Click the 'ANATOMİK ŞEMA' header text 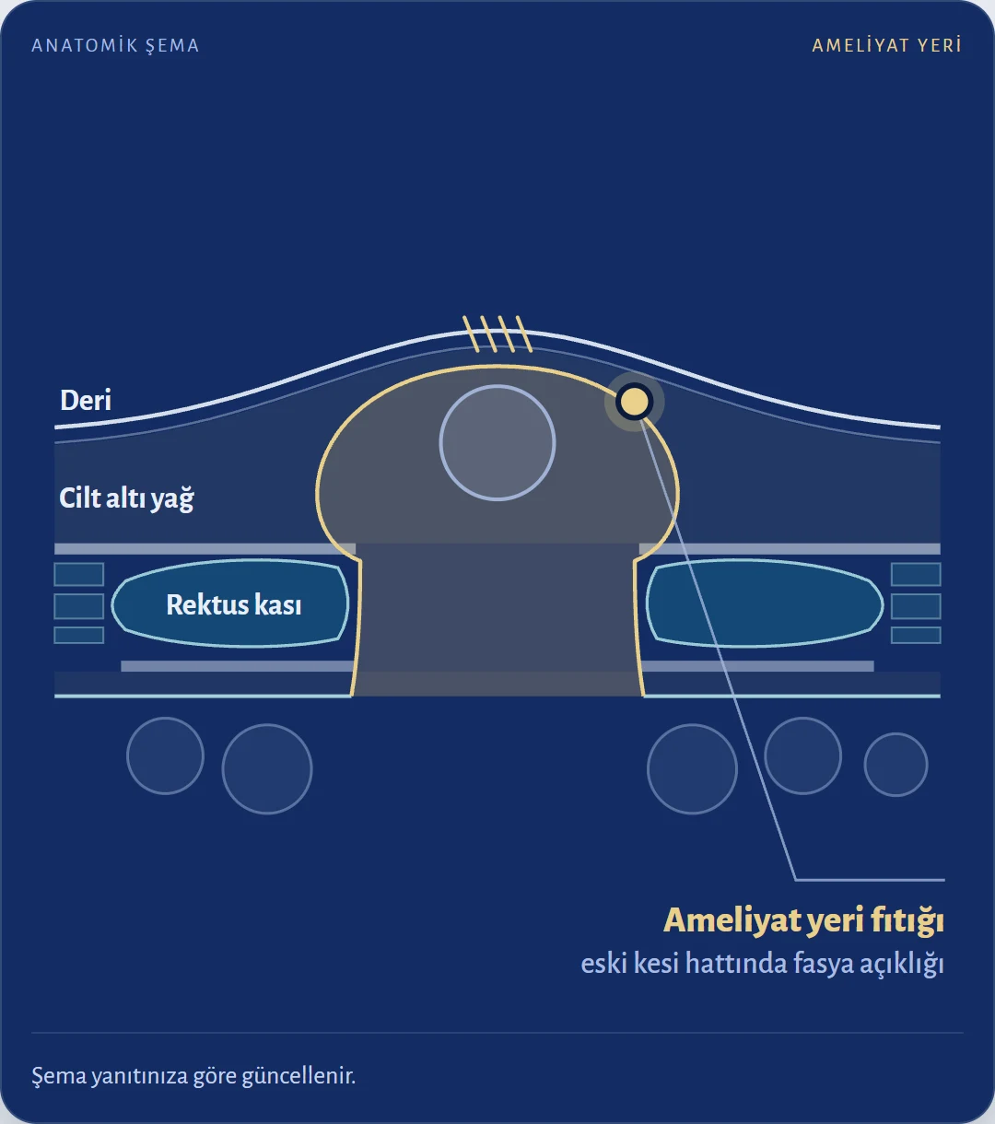115,45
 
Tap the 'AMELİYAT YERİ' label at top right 886,45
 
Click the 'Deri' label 86,400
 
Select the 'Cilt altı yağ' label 126,498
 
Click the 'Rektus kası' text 234,604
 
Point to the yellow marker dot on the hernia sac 634,401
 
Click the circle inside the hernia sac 497,443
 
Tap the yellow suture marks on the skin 497,334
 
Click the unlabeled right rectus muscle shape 765,603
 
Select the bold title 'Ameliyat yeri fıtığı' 803,920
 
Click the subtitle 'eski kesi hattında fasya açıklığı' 763,963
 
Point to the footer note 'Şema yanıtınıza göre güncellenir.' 193,1075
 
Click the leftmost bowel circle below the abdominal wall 165,755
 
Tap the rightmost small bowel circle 895,765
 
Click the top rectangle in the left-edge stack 79,574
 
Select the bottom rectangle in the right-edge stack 916,635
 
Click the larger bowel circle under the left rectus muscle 267,769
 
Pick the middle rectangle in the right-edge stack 916,606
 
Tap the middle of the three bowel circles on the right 803,755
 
